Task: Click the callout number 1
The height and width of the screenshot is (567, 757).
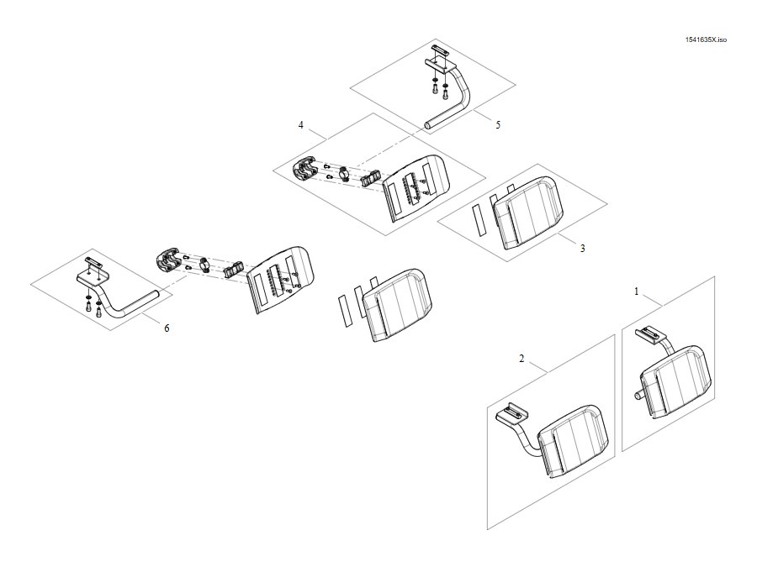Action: point(637,291)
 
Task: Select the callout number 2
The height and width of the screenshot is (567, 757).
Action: point(521,359)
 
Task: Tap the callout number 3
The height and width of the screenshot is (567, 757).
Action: point(583,249)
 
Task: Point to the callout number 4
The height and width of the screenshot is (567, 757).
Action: point(301,125)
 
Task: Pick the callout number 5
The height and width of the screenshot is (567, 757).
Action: point(498,125)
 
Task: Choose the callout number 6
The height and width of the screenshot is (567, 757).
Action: point(167,328)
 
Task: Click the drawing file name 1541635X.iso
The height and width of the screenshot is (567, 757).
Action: point(706,39)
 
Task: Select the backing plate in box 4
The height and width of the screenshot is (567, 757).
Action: point(416,188)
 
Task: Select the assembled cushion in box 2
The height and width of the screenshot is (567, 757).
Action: point(573,441)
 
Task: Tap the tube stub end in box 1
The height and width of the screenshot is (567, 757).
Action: point(638,396)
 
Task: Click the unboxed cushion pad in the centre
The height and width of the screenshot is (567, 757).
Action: point(397,305)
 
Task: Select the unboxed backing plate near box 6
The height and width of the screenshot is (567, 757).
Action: point(281,280)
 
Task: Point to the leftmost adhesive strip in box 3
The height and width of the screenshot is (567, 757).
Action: point(479,220)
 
